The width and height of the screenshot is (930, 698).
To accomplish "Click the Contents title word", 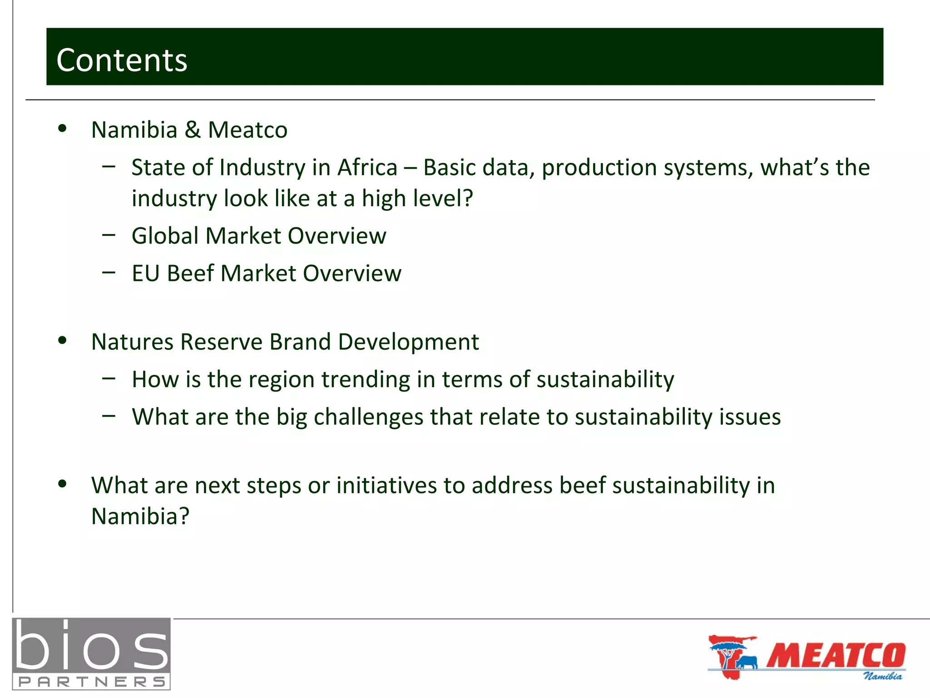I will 122,60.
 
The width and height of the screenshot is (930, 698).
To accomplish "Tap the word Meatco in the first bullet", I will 247,130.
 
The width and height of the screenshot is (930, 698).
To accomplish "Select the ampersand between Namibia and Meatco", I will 193,130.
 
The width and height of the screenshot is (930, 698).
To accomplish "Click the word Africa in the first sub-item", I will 367,167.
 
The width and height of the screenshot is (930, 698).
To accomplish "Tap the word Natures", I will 132,342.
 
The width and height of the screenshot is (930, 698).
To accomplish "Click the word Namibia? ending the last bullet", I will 140,516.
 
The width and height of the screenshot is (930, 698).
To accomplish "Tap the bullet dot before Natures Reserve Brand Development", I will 63,340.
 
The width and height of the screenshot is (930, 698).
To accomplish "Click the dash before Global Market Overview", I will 109,235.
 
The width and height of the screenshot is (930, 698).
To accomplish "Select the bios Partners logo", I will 91,653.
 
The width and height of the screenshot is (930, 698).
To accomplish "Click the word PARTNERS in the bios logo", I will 91,682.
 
